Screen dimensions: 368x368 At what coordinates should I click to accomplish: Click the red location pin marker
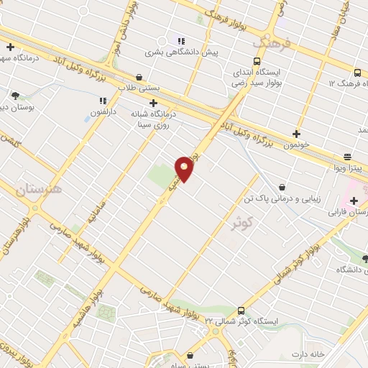tap(185, 168)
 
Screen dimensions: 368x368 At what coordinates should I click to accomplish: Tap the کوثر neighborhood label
tap(243, 223)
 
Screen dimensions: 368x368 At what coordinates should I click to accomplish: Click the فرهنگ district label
tap(274, 45)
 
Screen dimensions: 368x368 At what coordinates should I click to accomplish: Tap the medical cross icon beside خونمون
tap(296, 134)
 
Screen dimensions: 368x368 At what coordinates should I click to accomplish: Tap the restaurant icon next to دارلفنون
tap(103, 100)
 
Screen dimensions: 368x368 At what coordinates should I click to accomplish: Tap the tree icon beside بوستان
tap(15, 94)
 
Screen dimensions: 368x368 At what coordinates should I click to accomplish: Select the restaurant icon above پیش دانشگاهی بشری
tap(182, 40)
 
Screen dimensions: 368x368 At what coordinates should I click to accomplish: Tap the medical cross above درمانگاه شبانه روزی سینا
tap(152, 101)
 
